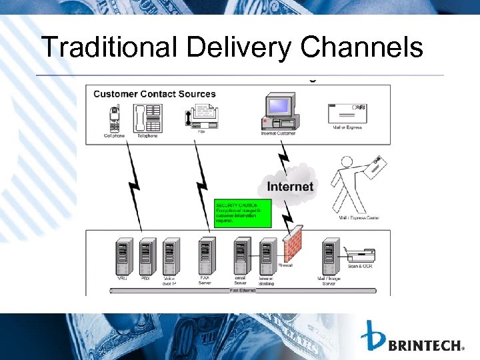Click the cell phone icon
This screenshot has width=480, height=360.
click(115, 118)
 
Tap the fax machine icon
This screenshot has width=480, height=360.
click(201, 117)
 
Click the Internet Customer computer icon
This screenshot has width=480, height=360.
click(280, 113)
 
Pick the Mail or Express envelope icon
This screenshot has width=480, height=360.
click(347, 113)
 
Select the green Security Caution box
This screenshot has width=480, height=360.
click(243, 214)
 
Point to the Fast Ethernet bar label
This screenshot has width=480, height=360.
click(243, 291)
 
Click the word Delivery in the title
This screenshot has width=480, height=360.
click(239, 48)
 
